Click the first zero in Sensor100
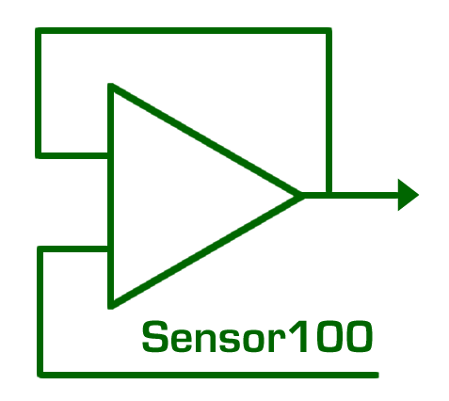(x=325, y=337)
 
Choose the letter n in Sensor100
(x=212, y=340)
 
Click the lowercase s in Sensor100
(x=233, y=341)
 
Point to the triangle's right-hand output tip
(x=302, y=196)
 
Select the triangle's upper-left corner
(x=110, y=86)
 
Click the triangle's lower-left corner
(x=110, y=307)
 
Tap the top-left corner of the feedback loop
(x=38, y=30)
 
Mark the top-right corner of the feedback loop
(x=329, y=30)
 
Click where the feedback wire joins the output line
(x=329, y=195)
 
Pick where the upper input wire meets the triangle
(x=110, y=155)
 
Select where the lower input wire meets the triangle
(x=110, y=249)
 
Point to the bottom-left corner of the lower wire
(x=40, y=375)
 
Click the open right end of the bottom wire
(x=377, y=375)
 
